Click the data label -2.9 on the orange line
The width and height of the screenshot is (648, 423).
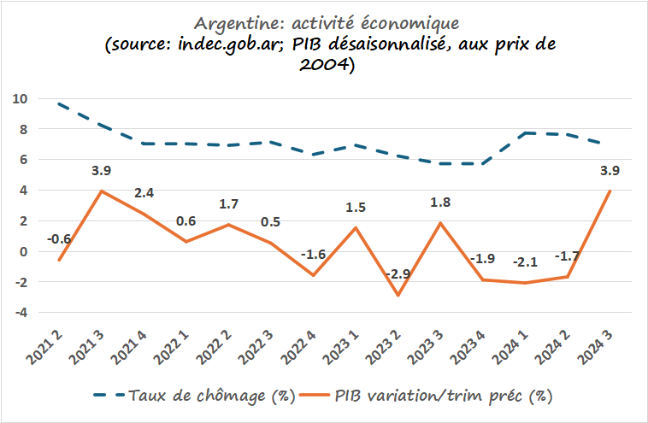pyautogui.click(x=398, y=273)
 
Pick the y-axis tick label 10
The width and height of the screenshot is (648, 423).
pyautogui.click(x=21, y=99)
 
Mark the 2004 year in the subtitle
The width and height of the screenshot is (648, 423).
pyautogui.click(x=321, y=67)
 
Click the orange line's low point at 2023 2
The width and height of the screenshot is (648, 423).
pyautogui.click(x=398, y=296)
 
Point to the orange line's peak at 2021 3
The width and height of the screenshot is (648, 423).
pyautogui.click(x=103, y=191)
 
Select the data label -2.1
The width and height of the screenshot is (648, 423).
pyautogui.click(x=525, y=261)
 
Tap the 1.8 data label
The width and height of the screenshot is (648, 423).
pyautogui.click(x=441, y=202)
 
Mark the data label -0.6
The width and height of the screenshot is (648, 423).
pyautogui.click(x=59, y=239)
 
